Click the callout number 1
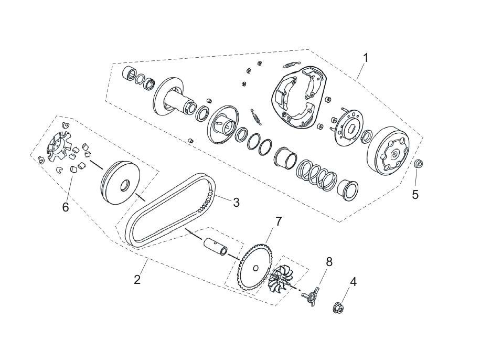pyautogui.click(x=365, y=58)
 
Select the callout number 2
pyautogui.click(x=137, y=279)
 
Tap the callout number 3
pyautogui.click(x=237, y=202)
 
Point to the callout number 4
pyautogui.click(x=353, y=282)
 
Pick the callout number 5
pyautogui.click(x=415, y=195)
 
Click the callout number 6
pyautogui.click(x=66, y=207)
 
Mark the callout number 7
pyautogui.click(x=279, y=221)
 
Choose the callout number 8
pyautogui.click(x=329, y=261)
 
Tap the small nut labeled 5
pyautogui.click(x=419, y=164)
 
